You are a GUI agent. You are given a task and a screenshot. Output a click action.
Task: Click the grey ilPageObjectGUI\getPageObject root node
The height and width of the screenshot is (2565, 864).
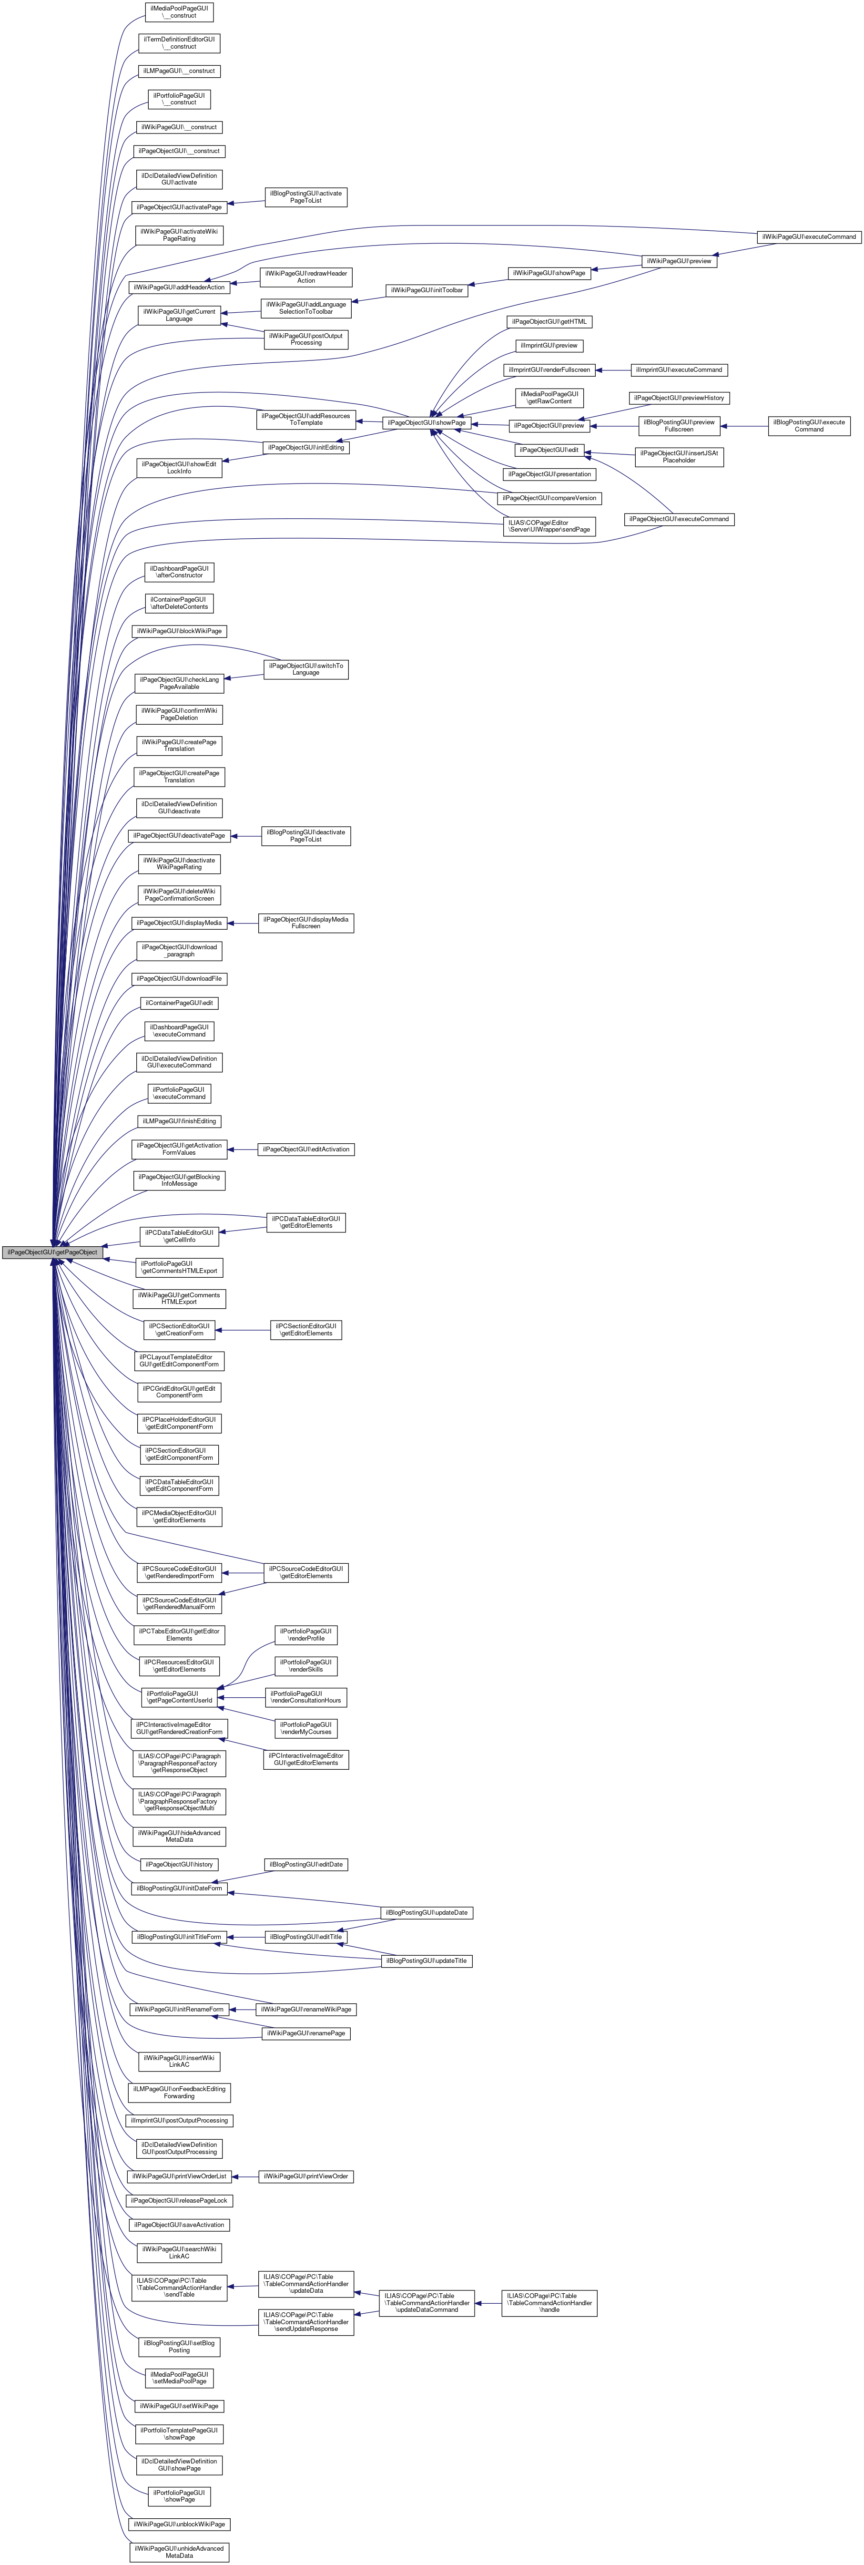(52, 1252)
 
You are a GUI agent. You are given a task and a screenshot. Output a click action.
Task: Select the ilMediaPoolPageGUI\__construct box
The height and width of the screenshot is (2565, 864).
(179, 12)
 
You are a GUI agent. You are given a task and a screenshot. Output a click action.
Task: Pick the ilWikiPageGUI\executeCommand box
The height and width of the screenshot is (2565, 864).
(808, 237)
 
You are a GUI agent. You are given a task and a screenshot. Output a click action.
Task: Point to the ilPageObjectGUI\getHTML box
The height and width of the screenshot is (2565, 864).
(550, 322)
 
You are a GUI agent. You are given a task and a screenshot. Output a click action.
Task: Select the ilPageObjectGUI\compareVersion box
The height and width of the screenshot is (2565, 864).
(550, 498)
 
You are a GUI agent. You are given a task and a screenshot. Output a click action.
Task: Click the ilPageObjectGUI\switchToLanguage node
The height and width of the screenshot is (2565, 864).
(305, 669)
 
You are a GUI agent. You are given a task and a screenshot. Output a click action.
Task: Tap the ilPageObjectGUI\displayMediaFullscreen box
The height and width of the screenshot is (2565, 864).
(305, 923)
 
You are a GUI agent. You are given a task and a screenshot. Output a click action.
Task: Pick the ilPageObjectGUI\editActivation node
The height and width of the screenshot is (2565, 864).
(305, 1149)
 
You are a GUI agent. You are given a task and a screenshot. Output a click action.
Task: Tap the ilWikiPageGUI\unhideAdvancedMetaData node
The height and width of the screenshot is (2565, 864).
(179, 2552)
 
